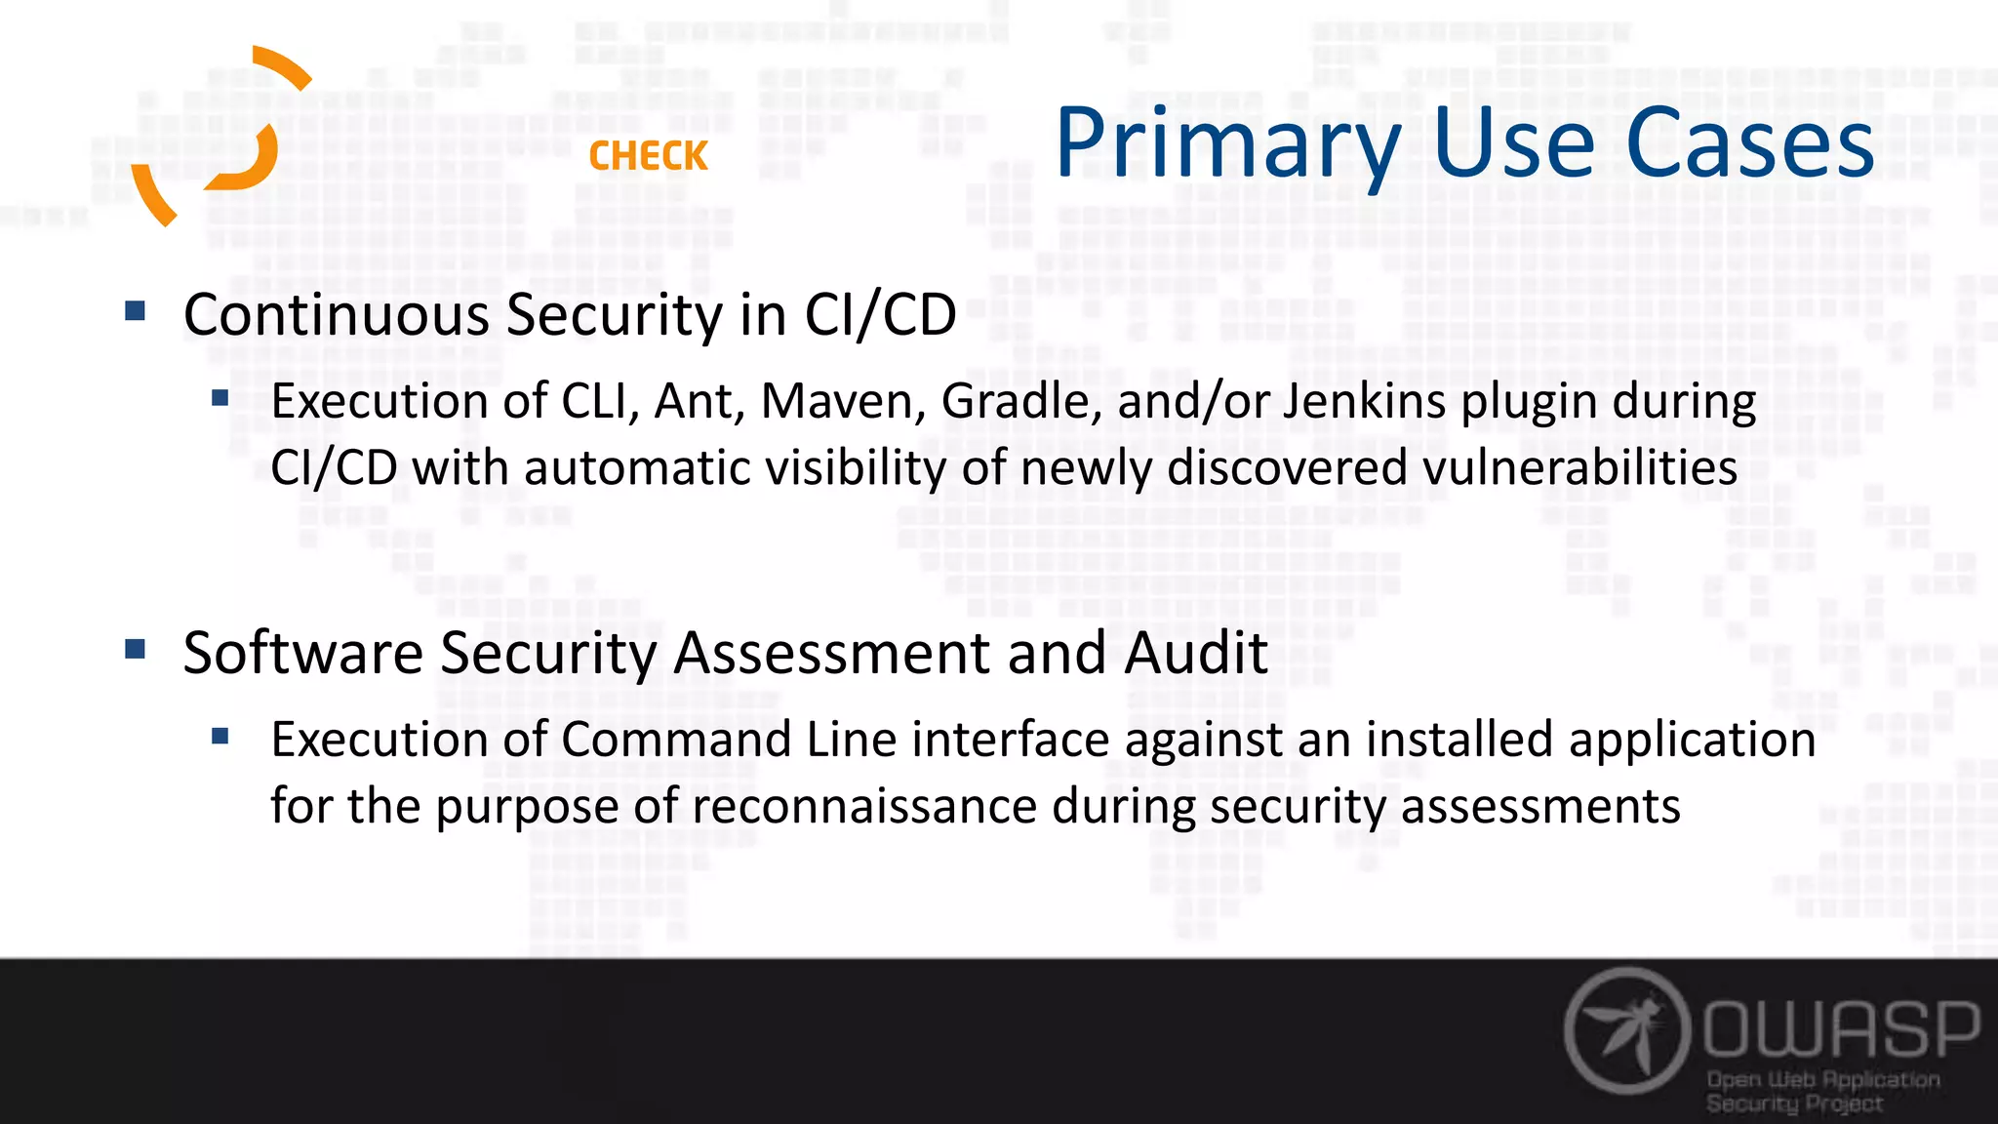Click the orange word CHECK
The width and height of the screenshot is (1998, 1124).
[648, 156]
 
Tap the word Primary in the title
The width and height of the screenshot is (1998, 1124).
[1227, 144]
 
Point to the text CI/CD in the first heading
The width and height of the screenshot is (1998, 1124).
[880, 315]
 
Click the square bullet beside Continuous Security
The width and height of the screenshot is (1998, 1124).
[136, 311]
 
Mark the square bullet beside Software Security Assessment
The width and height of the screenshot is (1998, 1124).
[136, 649]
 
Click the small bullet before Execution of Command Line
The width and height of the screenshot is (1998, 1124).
[220, 736]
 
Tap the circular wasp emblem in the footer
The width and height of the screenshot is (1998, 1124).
[1626, 1030]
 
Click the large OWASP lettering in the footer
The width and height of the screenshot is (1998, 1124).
[1842, 1028]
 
